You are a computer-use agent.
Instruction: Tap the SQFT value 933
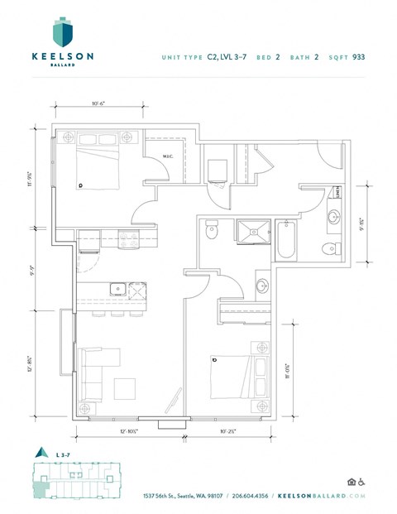click(358, 57)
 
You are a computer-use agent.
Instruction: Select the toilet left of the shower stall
click(212, 232)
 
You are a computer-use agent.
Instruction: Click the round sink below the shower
click(262, 287)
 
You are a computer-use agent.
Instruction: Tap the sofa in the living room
click(93, 372)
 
